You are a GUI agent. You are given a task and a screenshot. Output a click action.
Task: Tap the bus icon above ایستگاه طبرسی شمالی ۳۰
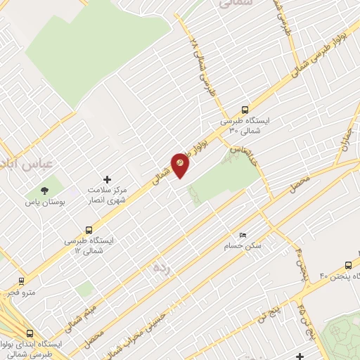[245, 110]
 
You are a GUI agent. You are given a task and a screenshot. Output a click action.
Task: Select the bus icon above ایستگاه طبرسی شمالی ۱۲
[89, 230]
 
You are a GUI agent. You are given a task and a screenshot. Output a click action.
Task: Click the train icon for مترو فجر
[21, 280]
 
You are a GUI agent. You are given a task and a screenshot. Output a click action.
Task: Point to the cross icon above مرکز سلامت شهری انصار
[108, 180]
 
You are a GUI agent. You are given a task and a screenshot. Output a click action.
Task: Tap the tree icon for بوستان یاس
[44, 190]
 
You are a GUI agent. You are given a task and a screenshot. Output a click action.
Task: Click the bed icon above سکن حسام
[243, 235]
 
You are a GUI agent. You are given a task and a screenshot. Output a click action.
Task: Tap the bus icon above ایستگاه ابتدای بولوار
[30, 334]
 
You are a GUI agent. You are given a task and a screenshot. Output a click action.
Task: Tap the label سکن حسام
[243, 246]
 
